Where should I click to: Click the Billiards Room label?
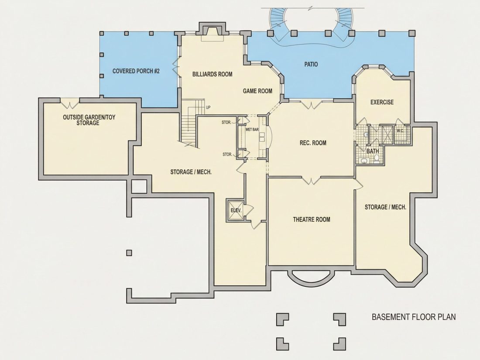pyautogui.click(x=212, y=74)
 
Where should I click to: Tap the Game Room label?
pyautogui.click(x=257, y=91)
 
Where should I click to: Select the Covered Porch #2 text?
pyautogui.click(x=136, y=71)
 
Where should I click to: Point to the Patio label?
pyautogui.click(x=311, y=64)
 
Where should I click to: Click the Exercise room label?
pyautogui.click(x=382, y=102)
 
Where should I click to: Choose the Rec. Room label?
pyautogui.click(x=313, y=143)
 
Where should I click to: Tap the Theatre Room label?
pyautogui.click(x=312, y=219)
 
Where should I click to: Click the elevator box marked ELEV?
pyautogui.click(x=235, y=210)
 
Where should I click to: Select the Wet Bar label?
pyautogui.click(x=252, y=130)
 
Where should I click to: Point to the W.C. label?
pyautogui.click(x=401, y=131)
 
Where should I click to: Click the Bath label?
pyautogui.click(x=373, y=151)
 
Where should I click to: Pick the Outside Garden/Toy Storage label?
pyautogui.click(x=89, y=120)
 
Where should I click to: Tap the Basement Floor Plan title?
pyautogui.click(x=414, y=317)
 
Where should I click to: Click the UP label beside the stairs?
pyautogui.click(x=208, y=107)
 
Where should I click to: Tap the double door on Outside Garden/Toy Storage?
pyautogui.click(x=70, y=103)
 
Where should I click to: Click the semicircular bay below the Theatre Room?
pyautogui.click(x=310, y=278)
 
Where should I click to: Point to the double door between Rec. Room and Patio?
pyautogui.click(x=311, y=104)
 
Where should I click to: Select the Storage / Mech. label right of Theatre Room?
pyautogui.click(x=385, y=207)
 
